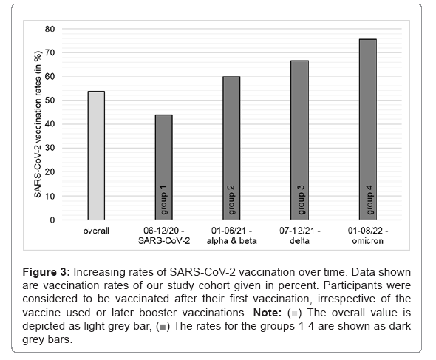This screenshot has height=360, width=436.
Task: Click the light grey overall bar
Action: [x=96, y=155]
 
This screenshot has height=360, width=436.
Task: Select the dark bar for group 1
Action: [x=164, y=167]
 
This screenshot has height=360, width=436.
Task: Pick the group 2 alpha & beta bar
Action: [x=231, y=148]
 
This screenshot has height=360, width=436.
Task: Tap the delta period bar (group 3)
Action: [x=300, y=140]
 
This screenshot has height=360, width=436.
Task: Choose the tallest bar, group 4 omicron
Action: [x=368, y=129]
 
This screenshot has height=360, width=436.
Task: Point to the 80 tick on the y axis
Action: [x=50, y=29]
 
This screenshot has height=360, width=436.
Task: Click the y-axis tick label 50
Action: [x=50, y=100]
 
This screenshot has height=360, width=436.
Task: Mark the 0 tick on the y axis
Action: [x=52, y=220]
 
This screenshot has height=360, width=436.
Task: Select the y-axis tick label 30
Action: [x=50, y=148]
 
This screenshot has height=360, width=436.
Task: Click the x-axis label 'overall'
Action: [x=96, y=231]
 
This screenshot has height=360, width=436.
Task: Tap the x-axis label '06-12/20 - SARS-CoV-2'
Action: [x=164, y=236]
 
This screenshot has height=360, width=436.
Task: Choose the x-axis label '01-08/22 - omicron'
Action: [x=368, y=236]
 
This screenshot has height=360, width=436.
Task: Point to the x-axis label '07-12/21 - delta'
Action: [x=300, y=236]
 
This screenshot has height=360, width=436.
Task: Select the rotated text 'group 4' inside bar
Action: [x=369, y=200]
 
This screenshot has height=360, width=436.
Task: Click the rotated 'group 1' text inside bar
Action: [x=164, y=200]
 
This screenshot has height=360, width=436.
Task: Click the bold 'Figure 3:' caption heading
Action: [x=46, y=272]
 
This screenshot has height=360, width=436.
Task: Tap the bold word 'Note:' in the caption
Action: [x=268, y=313]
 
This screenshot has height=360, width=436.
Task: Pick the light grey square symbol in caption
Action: [x=294, y=314]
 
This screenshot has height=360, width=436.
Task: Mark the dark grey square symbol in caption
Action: [x=163, y=327]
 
